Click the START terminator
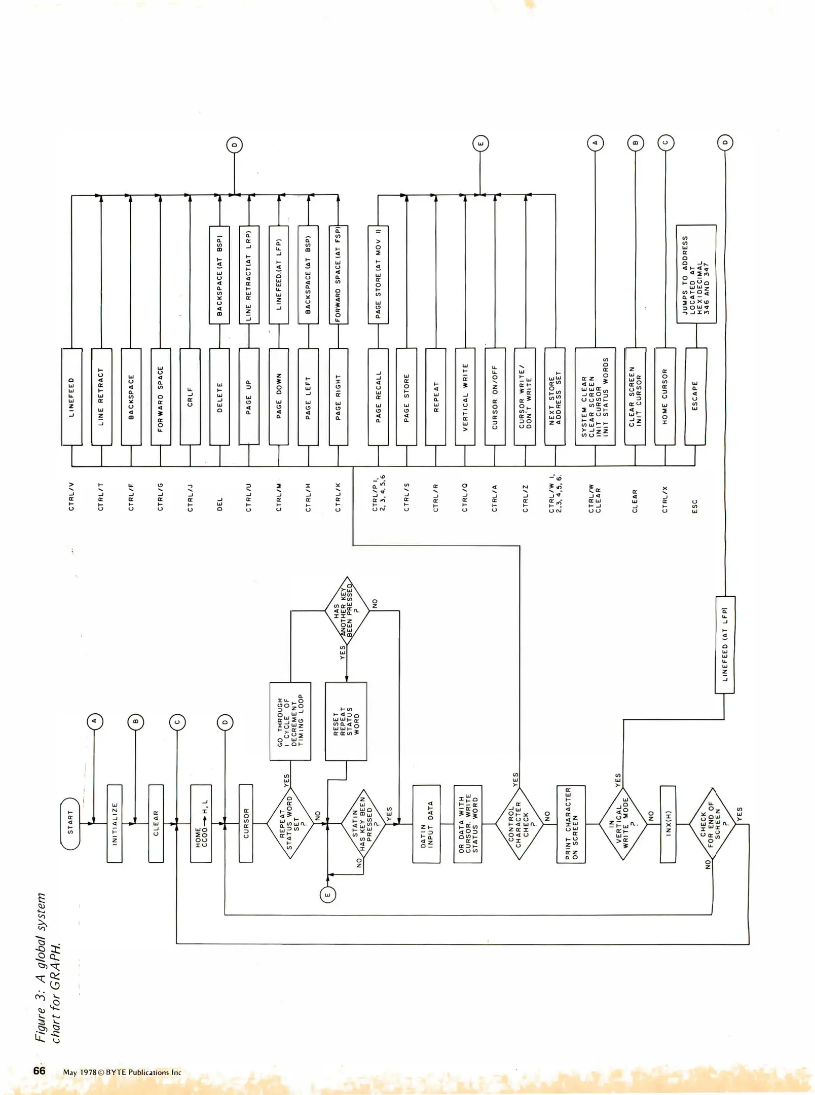coord(70,823)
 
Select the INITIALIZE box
coord(115,823)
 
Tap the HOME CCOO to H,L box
coord(201,823)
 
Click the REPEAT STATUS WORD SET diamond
coord(290,823)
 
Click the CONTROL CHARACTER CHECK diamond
coord(519,824)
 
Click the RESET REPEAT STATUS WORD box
coord(346,721)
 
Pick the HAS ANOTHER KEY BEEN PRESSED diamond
coord(347,611)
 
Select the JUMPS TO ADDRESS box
coord(696,274)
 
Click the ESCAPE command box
coord(695,396)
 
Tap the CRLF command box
coord(190,396)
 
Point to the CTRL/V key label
coord(71,496)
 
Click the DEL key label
coord(220,504)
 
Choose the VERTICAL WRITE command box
coord(465,396)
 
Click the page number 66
coord(40,1070)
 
